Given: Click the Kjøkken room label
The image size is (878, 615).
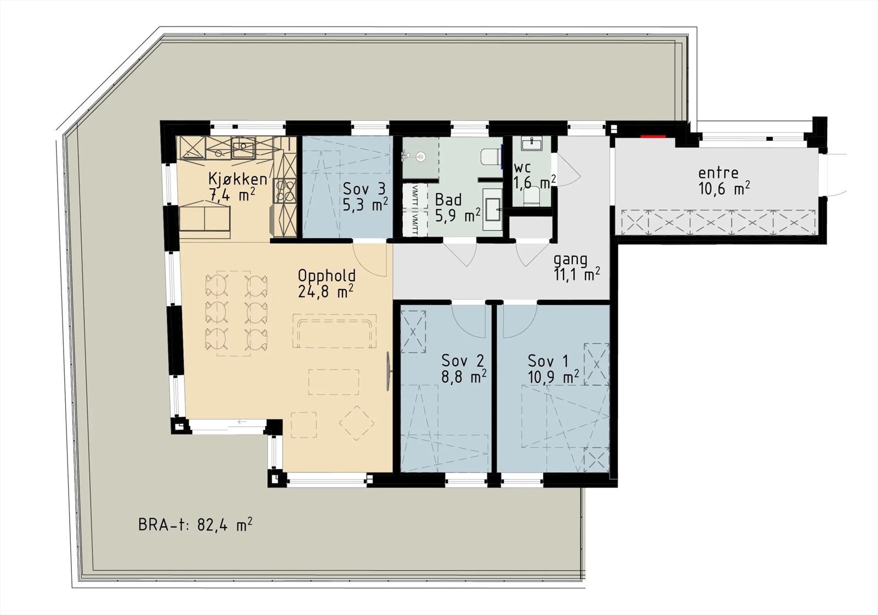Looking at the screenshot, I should (x=238, y=178).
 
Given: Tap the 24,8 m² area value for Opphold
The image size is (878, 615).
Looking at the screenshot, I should (x=325, y=292).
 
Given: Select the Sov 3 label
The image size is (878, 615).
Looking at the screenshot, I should (x=364, y=189).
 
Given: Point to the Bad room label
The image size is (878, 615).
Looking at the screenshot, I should (x=448, y=199).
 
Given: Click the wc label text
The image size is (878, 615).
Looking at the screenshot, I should (x=522, y=167).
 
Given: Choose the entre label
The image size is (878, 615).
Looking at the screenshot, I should (x=718, y=172).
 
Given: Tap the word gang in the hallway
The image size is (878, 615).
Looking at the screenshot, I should (x=570, y=259).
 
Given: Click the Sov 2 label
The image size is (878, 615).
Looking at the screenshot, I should (x=463, y=361).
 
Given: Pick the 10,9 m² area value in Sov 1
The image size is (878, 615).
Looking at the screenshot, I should (x=553, y=377).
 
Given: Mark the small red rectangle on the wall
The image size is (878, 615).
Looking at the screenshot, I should (x=654, y=136).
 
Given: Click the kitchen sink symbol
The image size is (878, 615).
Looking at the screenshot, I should (x=243, y=147).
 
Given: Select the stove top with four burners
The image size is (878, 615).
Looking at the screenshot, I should (x=285, y=190).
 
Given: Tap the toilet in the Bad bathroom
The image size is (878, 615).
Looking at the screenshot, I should (x=490, y=156).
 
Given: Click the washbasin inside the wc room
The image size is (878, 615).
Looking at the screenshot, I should (x=531, y=144).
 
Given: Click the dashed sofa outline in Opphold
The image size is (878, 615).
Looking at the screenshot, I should (x=334, y=331).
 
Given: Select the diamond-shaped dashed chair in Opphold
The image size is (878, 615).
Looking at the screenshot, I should (x=357, y=423).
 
